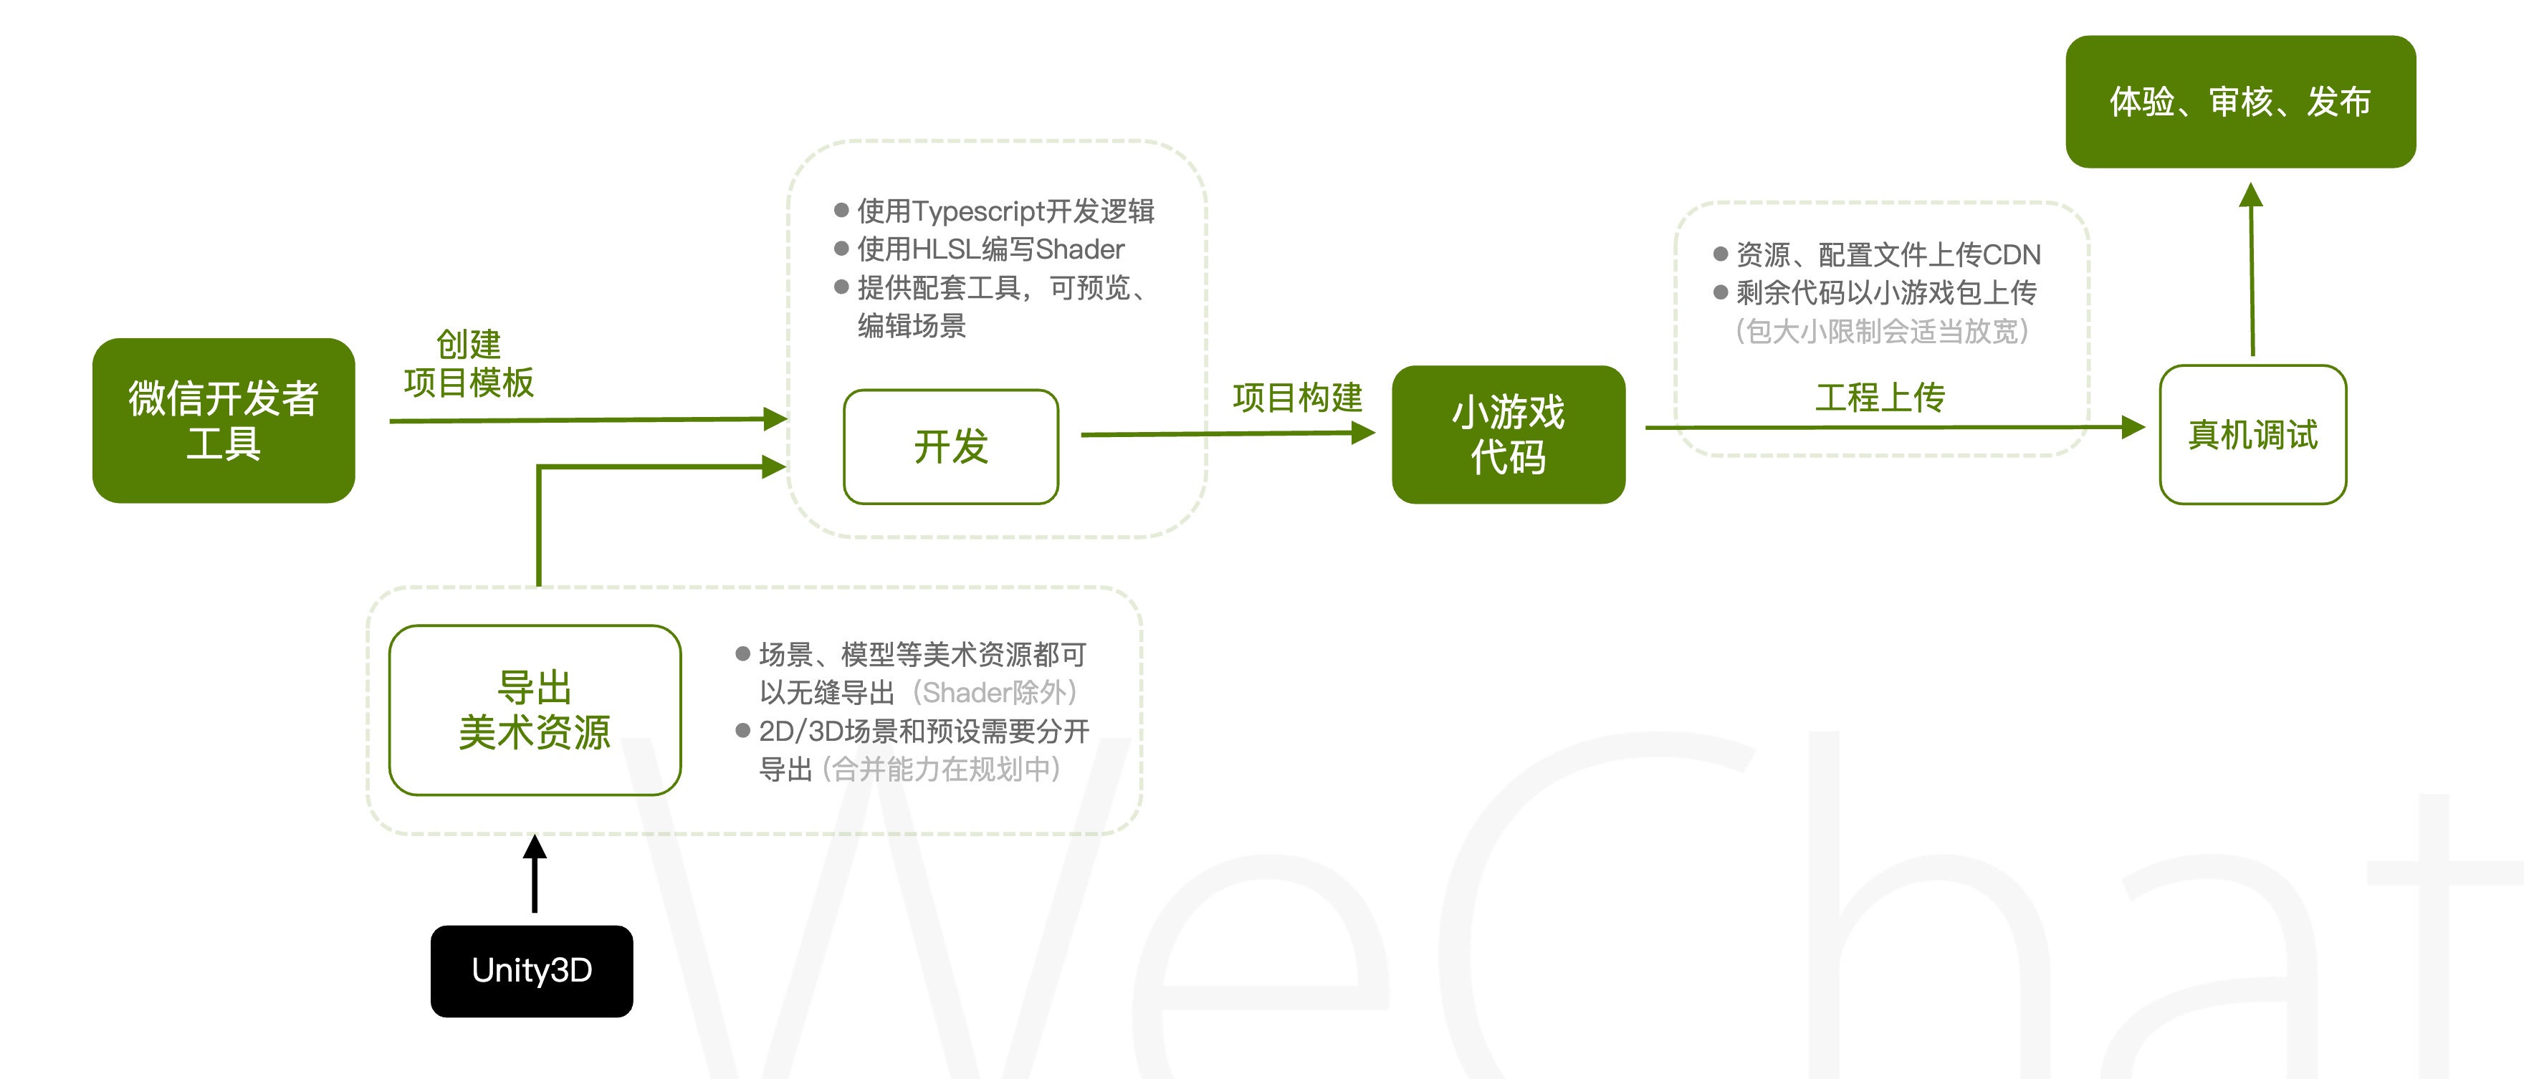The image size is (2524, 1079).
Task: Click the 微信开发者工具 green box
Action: click(224, 421)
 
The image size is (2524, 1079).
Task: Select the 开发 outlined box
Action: click(950, 447)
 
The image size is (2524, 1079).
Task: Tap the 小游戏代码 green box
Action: click(1508, 434)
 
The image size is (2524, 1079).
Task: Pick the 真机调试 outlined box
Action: click(2252, 434)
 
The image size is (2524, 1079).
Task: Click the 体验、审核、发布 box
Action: click(2240, 102)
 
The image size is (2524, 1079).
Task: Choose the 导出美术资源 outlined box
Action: click(535, 709)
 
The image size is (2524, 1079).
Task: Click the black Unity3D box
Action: click(532, 970)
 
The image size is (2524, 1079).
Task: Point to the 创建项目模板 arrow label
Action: click(469, 363)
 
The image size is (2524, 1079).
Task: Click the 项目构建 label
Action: click(1297, 397)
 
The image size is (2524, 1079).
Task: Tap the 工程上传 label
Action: click(1879, 397)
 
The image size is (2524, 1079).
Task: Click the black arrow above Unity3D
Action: click(535, 872)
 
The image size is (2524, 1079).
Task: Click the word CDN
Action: click(2012, 255)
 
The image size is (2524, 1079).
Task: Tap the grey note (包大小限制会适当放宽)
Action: click(1881, 331)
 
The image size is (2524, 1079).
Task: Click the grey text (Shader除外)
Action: click(995, 693)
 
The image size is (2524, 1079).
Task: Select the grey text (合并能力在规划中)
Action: click(941, 769)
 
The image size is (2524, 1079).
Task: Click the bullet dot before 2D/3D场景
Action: click(742, 731)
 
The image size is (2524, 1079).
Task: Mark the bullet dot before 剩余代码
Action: click(1721, 292)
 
